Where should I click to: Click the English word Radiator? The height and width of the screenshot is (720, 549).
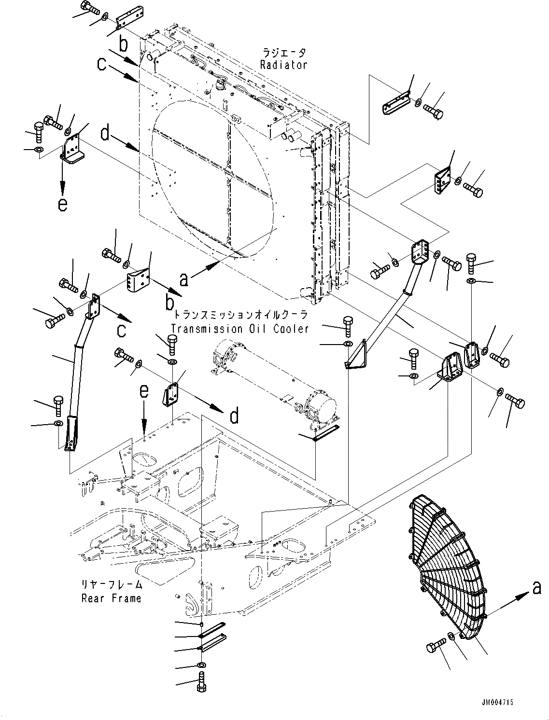pos(283,65)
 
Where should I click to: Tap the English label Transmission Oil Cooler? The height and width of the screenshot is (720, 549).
pos(239,329)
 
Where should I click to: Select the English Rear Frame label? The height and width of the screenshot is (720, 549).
pos(112,598)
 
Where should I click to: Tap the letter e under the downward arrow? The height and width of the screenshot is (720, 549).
pos(62,205)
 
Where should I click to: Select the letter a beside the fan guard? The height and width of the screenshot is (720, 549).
pos(536,588)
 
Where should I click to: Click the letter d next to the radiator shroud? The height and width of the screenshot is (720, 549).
pos(105,133)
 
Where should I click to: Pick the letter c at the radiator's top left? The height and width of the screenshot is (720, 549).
pos(101,64)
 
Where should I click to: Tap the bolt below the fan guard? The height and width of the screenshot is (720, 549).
pos(436,646)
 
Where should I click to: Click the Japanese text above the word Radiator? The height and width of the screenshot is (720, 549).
pos(284,53)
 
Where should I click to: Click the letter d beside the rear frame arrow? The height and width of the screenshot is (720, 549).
pos(234,415)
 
